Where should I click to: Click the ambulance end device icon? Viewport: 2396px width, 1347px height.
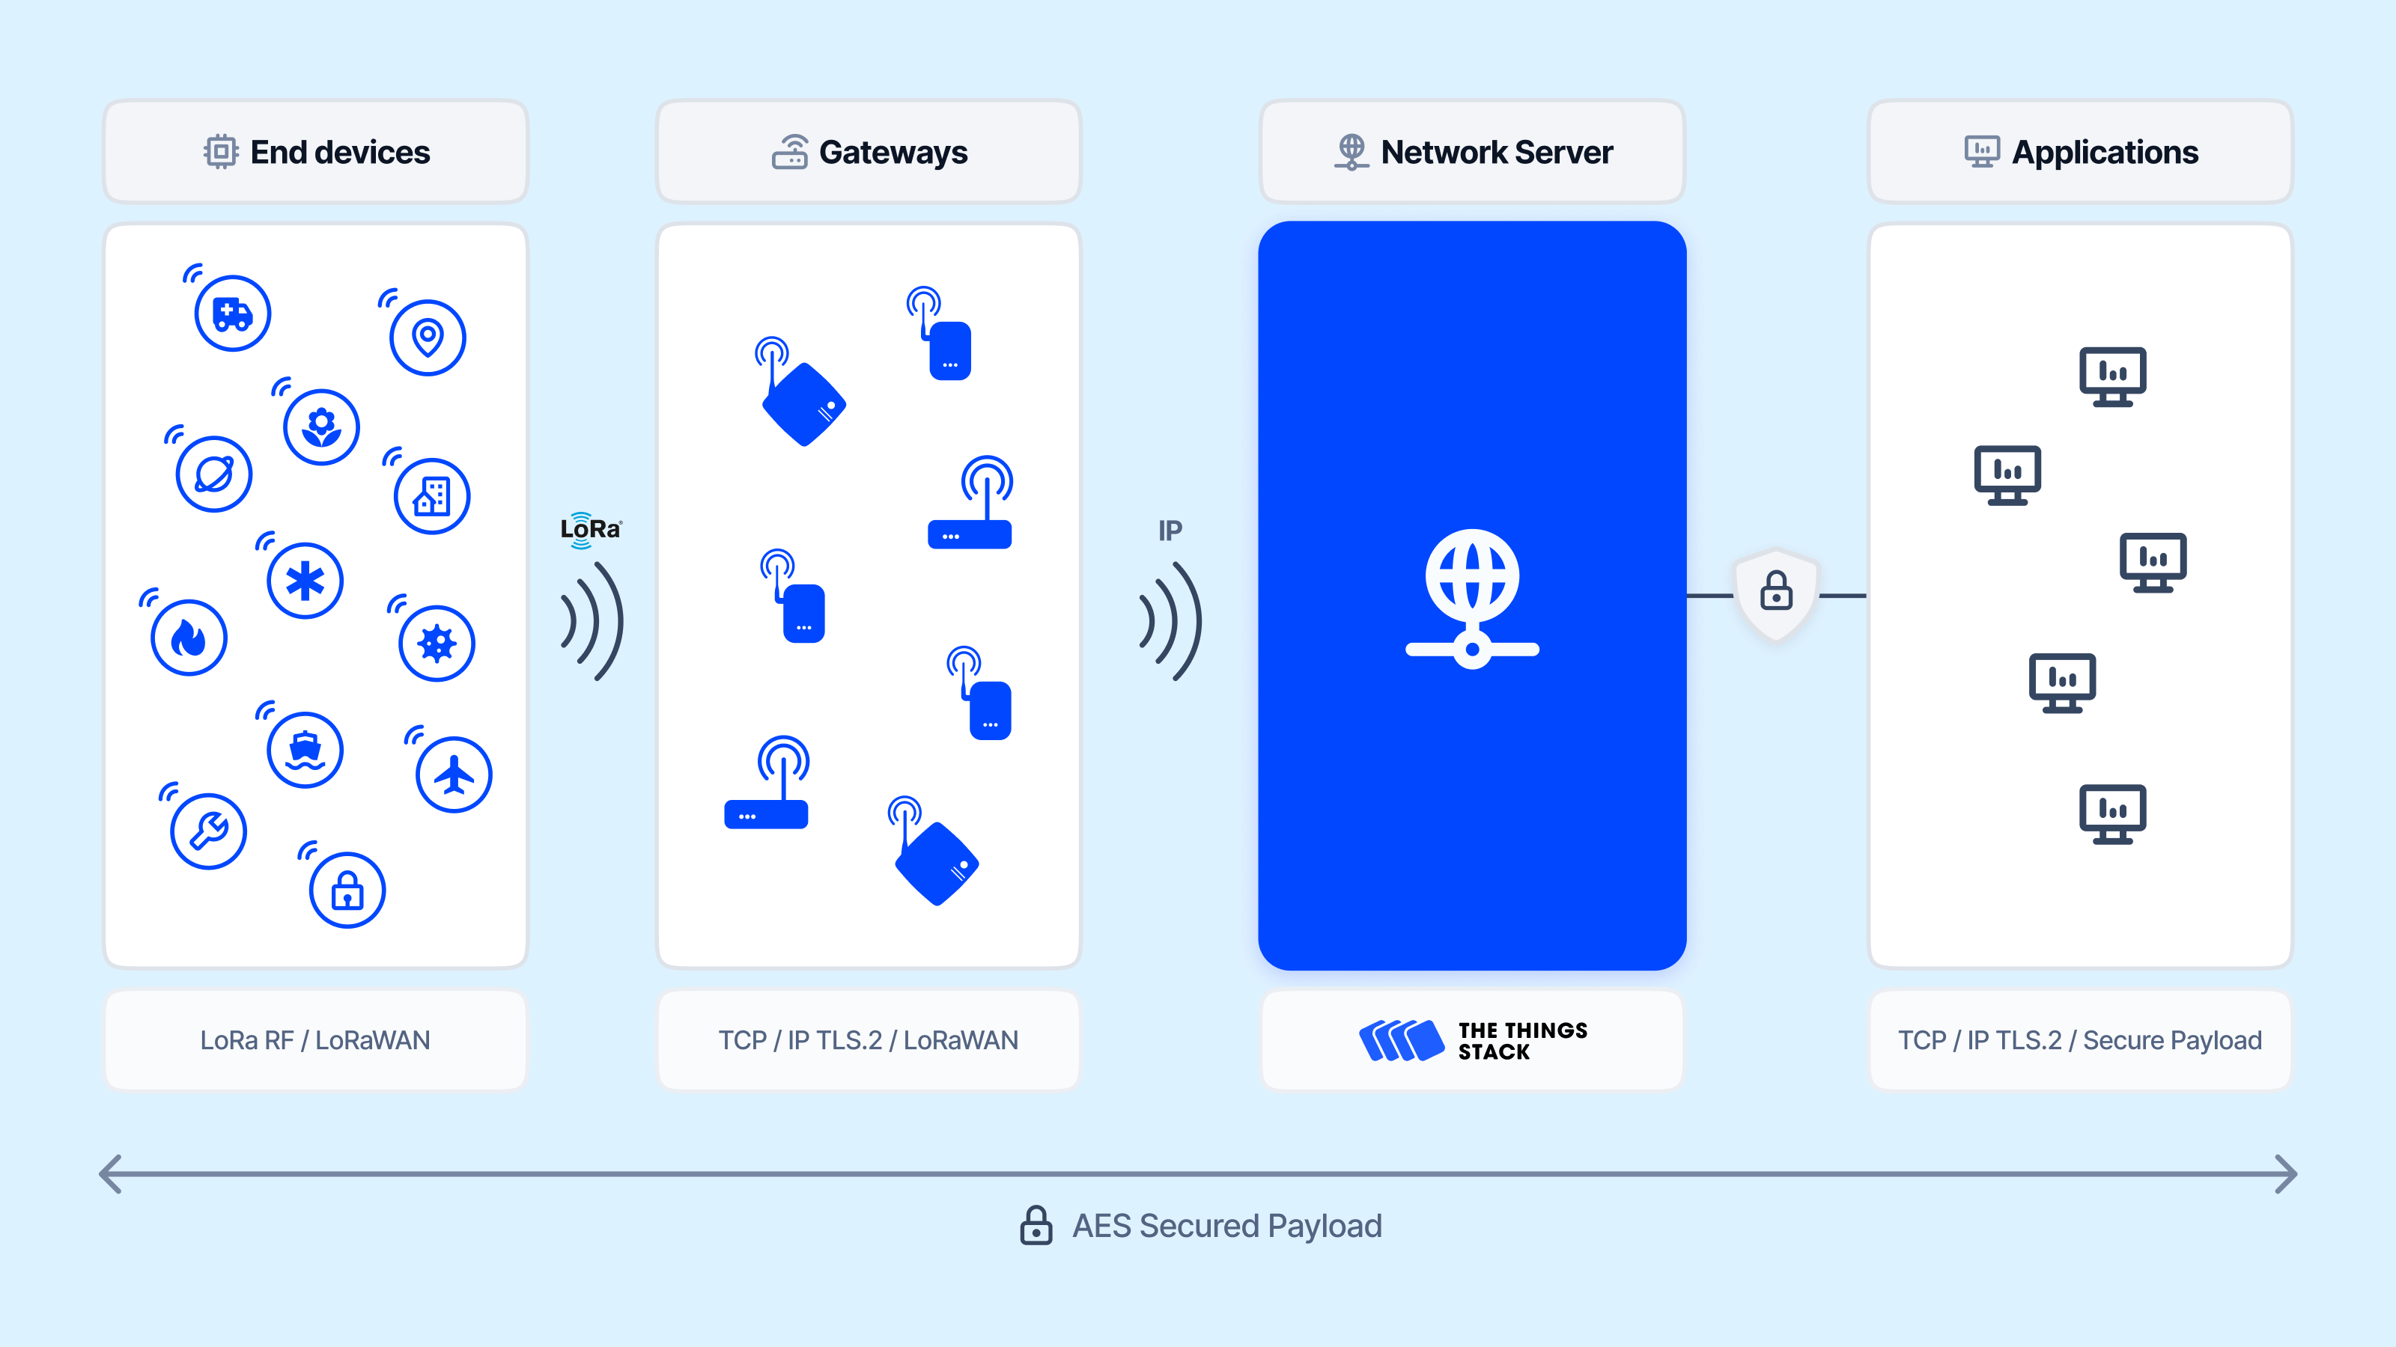[x=233, y=314]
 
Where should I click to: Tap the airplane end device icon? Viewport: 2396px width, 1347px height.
[x=454, y=775]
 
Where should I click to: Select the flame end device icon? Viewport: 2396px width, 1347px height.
[x=189, y=638]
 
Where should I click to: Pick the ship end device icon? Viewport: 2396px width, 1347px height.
[x=305, y=749]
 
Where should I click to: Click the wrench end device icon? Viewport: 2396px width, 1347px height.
[x=208, y=831]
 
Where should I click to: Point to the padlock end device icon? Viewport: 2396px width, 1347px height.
[x=347, y=891]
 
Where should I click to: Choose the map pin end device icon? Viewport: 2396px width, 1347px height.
[x=428, y=337]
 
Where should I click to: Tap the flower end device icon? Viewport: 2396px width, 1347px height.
[x=321, y=427]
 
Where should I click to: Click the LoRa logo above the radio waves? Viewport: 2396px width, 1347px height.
[x=591, y=530]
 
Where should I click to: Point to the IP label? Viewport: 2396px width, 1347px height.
[x=1170, y=531]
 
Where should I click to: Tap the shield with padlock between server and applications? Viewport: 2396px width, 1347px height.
[x=1775, y=593]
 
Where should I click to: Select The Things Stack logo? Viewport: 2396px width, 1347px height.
[x=1472, y=1040]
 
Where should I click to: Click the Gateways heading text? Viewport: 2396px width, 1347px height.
[x=893, y=153]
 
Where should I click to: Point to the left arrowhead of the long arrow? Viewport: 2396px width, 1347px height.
[x=110, y=1174]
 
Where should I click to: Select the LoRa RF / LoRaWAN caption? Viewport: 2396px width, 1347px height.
[x=315, y=1040]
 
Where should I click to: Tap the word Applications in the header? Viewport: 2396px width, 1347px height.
[x=2105, y=153]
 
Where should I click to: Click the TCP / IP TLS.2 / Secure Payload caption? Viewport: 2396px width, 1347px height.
[x=2080, y=1040]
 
